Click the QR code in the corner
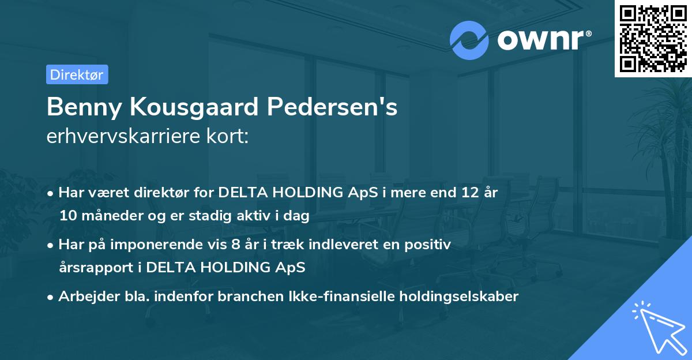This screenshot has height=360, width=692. pyautogui.click(x=653, y=39)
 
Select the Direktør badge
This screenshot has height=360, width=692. pyautogui.click(x=77, y=74)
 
